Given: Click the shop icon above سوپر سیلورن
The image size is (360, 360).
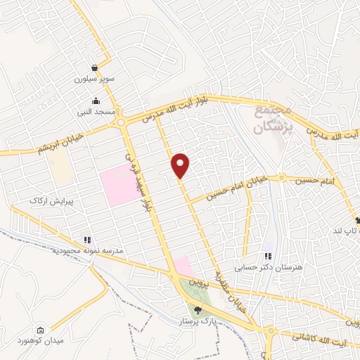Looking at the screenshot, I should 94,68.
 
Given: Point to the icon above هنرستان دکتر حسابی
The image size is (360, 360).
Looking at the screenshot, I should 267,257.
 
